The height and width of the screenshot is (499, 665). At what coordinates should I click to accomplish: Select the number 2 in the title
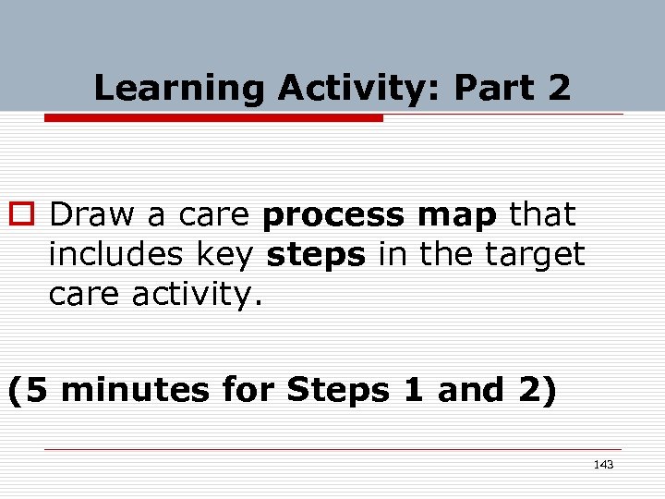click(x=559, y=89)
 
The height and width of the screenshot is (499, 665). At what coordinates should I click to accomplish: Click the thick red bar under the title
click(x=213, y=118)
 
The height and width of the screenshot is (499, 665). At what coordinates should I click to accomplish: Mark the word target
click(x=540, y=254)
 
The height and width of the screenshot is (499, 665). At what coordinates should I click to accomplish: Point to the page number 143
click(x=603, y=464)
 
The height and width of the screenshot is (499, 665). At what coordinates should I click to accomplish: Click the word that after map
click(x=542, y=215)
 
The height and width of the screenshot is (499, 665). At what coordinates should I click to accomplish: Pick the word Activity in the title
click(x=359, y=89)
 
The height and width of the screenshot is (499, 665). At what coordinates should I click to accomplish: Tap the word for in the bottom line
click(x=248, y=390)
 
